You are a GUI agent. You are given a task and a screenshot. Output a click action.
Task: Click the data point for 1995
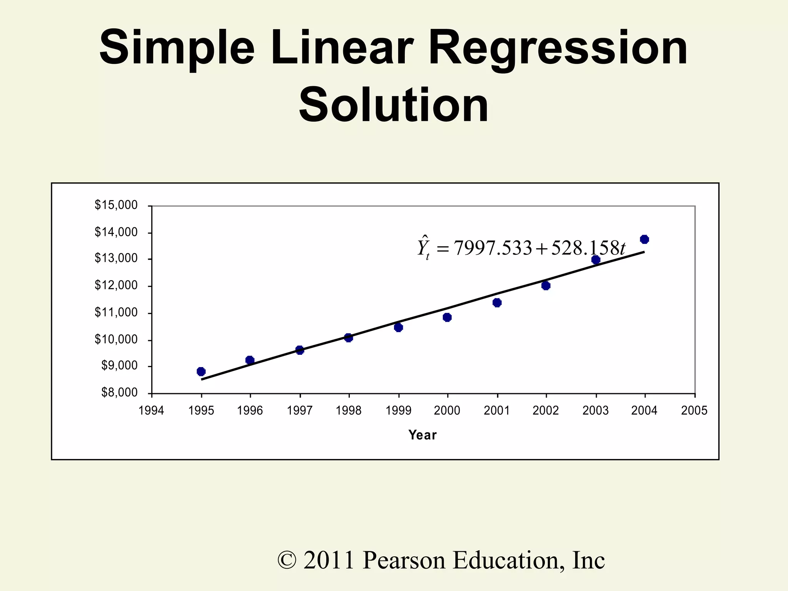(x=201, y=371)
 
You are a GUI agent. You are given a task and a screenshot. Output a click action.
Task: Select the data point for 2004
(x=644, y=239)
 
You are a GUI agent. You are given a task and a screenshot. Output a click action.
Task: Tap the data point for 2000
(x=447, y=317)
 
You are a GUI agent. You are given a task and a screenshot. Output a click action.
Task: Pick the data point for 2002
(x=546, y=285)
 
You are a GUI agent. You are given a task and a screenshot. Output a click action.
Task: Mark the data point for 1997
(x=300, y=350)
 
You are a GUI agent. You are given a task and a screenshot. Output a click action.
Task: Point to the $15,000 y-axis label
(x=116, y=205)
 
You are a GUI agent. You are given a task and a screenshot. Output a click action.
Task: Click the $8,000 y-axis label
(x=119, y=393)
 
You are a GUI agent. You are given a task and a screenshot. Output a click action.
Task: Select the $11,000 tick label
(x=116, y=312)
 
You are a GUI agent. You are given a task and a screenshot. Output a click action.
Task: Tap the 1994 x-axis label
(x=151, y=411)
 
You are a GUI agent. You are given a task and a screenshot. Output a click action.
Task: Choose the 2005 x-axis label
(x=694, y=411)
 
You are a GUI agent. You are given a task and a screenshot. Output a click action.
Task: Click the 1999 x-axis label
(x=398, y=411)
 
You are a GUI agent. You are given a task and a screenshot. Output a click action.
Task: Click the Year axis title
(x=422, y=435)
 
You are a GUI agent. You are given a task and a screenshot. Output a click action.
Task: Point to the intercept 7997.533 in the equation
(x=492, y=248)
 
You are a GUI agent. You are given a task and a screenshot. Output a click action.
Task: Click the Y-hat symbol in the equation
(x=424, y=247)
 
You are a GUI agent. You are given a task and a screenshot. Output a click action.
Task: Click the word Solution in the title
(x=394, y=105)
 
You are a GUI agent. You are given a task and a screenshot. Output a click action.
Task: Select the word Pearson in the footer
(x=404, y=560)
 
